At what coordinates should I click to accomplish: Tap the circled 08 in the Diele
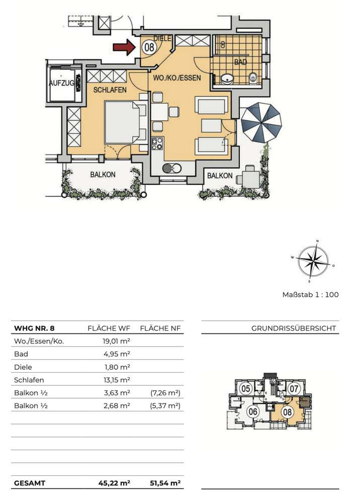tap(149, 47)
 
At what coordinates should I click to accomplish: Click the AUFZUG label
tap(61, 83)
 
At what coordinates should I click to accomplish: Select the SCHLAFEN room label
tap(110, 90)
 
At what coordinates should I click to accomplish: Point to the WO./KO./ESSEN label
tap(177, 77)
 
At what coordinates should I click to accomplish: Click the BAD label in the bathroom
tap(240, 62)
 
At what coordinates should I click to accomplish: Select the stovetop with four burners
tap(157, 143)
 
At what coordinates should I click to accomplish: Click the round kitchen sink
tap(172, 168)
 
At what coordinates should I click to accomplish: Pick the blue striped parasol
tap(261, 123)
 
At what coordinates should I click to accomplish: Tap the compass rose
tap(313, 261)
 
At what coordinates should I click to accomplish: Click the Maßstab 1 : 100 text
tap(310, 294)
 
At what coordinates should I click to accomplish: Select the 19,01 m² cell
tap(116, 341)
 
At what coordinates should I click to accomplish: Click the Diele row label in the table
tap(23, 367)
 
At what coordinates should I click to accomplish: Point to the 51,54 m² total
tap(165, 483)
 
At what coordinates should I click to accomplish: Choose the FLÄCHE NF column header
tap(160, 328)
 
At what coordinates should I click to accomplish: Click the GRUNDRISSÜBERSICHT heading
tap(294, 328)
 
